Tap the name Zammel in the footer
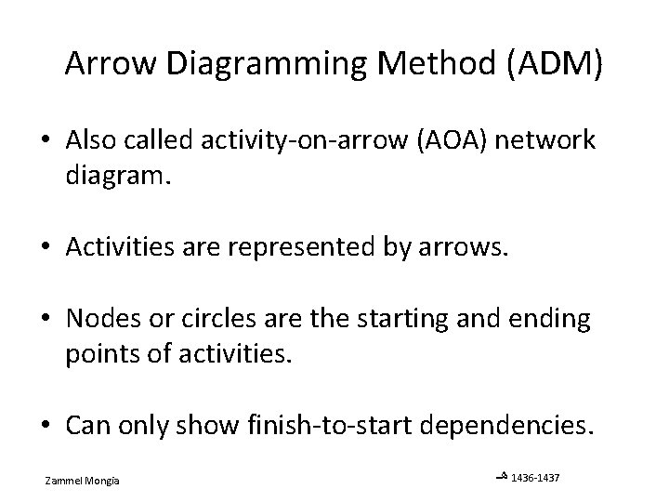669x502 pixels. (64, 480)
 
